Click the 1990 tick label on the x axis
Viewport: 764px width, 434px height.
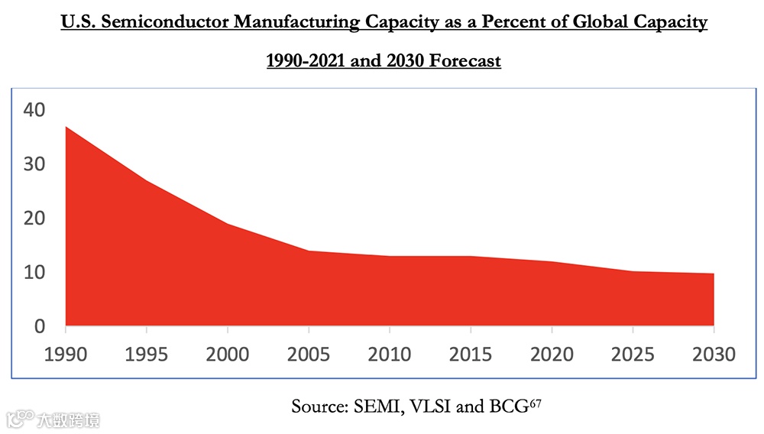point(66,355)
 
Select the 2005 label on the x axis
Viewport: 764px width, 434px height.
point(309,355)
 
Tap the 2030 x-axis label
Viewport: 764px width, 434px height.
point(714,355)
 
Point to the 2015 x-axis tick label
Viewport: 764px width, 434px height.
point(471,355)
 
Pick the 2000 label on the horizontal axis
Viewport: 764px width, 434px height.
point(228,355)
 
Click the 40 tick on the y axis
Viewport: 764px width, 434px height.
point(34,110)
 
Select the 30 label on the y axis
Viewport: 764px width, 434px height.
point(34,164)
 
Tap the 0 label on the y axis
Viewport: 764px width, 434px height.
point(39,326)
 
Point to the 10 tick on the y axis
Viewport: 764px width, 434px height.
point(34,273)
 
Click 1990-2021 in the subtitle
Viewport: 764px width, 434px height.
point(305,60)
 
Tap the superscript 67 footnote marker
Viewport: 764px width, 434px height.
point(535,402)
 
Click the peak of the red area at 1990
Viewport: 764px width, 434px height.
point(66,127)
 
